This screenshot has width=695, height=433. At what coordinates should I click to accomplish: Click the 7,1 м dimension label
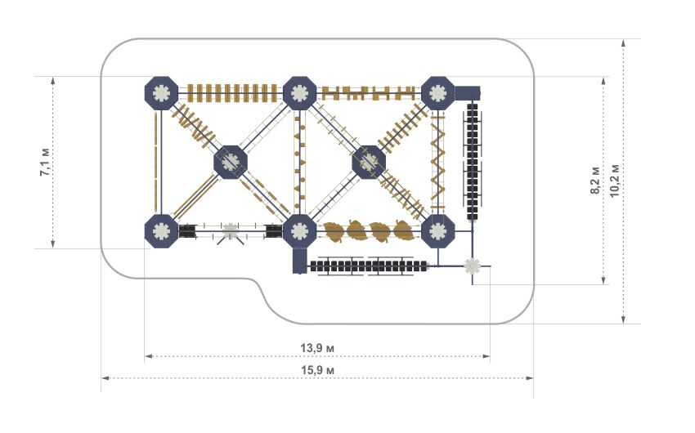pyautogui.click(x=46, y=160)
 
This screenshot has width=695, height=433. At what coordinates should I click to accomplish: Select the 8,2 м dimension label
pyautogui.click(x=595, y=181)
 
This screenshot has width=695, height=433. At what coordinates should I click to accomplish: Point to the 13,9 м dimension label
pyautogui.click(x=318, y=348)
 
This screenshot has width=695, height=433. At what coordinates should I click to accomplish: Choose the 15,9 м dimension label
pyautogui.click(x=318, y=370)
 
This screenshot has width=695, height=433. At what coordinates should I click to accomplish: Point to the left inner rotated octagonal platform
pyautogui.click(x=231, y=162)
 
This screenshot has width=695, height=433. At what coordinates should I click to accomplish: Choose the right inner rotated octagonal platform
pyautogui.click(x=370, y=162)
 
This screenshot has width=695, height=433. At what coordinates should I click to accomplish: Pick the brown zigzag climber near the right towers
pyautogui.click(x=438, y=162)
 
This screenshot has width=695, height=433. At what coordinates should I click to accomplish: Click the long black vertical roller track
pyautogui.click(x=473, y=161)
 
